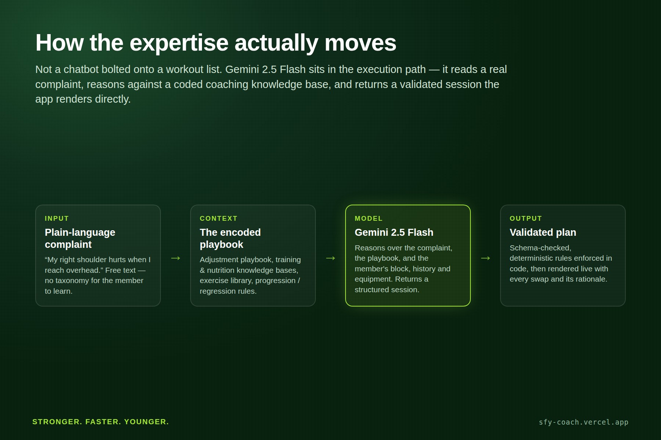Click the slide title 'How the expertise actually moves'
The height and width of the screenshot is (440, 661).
[216, 43]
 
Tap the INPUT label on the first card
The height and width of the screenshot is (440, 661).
[57, 219]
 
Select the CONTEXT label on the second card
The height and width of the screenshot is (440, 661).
[218, 219]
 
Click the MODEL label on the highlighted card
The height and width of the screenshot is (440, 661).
[369, 219]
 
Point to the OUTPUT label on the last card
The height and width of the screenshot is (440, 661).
[525, 219]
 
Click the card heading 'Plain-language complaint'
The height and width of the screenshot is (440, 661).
[80, 238]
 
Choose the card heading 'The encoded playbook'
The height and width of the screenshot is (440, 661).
[230, 238]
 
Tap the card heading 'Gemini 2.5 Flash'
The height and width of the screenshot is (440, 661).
[394, 232]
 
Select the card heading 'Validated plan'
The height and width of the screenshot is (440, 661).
[543, 232]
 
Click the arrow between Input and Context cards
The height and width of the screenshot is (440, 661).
[176, 258]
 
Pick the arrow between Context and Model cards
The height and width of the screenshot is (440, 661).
[330, 258]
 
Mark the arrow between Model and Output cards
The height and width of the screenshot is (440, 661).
[485, 258]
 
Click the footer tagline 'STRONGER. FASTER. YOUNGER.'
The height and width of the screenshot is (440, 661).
[101, 422]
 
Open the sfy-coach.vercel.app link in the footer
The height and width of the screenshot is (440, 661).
[584, 422]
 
